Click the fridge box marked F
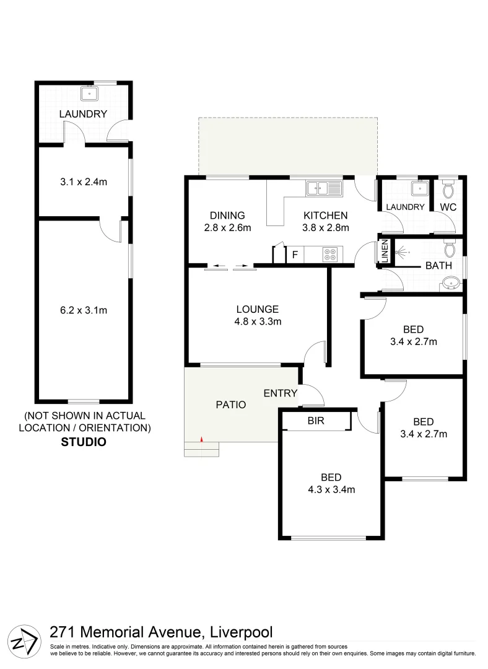295,255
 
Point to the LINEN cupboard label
384,252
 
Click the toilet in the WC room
449,187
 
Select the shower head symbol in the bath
403,253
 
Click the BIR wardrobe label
316,421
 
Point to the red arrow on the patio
201,440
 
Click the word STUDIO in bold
84,442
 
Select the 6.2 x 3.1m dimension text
84,310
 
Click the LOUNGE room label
257,309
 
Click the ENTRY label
281,393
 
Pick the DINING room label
227,216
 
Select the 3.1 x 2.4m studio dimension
84,183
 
